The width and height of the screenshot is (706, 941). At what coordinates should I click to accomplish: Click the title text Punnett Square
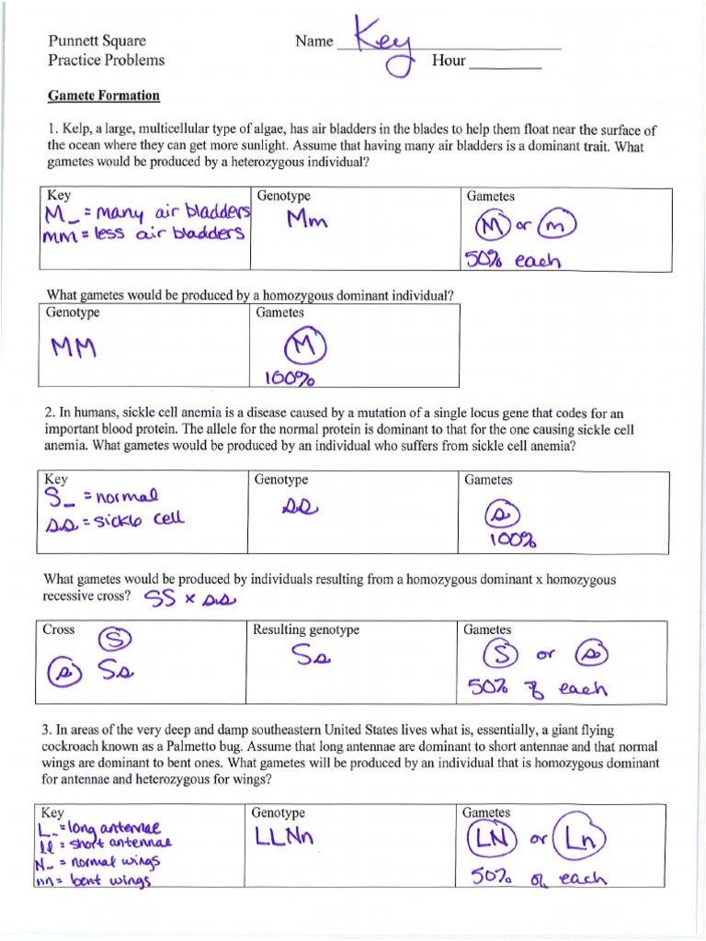tap(97, 41)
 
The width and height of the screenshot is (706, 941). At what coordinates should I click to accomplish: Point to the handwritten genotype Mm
tap(310, 221)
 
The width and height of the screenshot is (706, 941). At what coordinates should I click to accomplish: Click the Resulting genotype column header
tap(306, 629)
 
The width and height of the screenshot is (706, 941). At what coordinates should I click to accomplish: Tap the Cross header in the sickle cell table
tap(59, 629)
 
